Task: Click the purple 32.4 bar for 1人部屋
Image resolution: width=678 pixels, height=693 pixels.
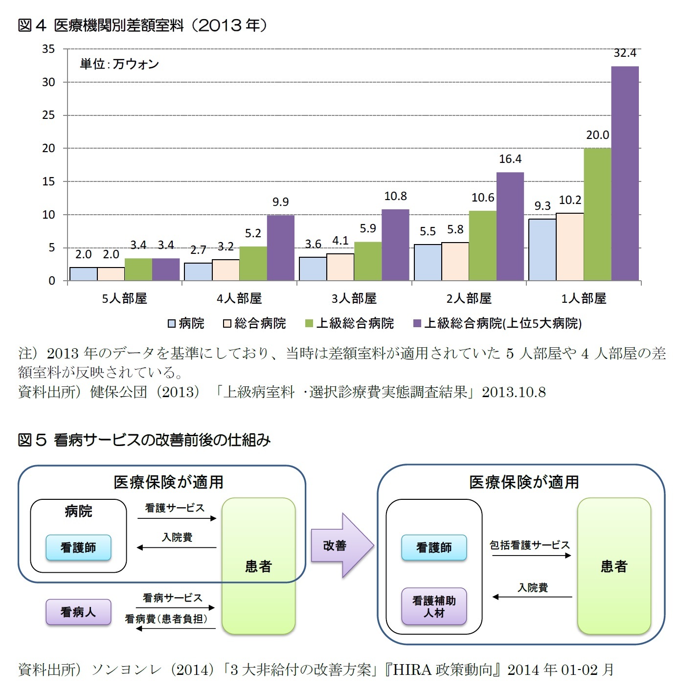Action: coord(625,174)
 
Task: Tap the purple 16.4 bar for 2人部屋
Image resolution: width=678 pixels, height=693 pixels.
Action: coord(510,226)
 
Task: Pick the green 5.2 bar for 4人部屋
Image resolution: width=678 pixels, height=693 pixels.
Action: coord(253,264)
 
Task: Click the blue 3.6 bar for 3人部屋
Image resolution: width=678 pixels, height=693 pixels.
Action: coord(313,269)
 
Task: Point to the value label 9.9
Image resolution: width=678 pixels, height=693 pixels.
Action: coord(280,202)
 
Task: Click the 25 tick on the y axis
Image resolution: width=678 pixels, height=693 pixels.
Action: coord(48,115)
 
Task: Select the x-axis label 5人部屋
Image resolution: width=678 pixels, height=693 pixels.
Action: coord(124,298)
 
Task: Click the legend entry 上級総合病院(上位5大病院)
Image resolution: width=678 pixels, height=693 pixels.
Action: coord(497,323)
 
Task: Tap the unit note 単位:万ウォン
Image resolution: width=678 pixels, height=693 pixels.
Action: coord(119,64)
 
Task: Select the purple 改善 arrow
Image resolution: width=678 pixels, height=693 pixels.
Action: coord(341,545)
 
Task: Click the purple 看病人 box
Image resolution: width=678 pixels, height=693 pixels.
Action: coord(78,612)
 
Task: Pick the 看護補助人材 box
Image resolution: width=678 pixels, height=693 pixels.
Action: coord(434,607)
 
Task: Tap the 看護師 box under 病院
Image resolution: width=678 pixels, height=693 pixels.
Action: coord(78,548)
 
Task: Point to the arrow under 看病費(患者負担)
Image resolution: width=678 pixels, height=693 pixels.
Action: coord(176,628)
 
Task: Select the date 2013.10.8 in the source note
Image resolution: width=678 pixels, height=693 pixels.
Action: coord(514,392)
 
